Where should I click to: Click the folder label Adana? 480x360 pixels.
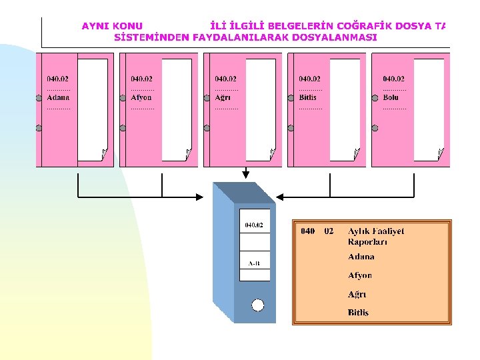[x=57, y=97]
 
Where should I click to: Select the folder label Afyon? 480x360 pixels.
[x=141, y=97]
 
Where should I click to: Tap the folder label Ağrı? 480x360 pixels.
[x=223, y=97]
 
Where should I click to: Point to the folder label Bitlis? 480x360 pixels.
[x=308, y=97]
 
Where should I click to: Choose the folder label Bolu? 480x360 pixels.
[x=391, y=97]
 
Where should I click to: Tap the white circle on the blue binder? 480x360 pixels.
[x=258, y=305]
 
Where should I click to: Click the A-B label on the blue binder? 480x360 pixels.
[x=254, y=263]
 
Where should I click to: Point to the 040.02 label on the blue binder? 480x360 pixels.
[x=254, y=225]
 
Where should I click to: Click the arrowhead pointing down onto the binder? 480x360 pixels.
[x=246, y=175]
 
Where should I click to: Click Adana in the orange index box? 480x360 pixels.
[x=361, y=257]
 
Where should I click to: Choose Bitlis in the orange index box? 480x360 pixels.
[x=358, y=312]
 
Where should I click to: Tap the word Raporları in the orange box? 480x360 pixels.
[x=367, y=241]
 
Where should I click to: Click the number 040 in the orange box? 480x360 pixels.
[x=307, y=231]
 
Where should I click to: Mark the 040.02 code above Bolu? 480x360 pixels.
[x=393, y=79]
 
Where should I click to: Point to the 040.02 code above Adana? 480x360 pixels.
[x=57, y=79]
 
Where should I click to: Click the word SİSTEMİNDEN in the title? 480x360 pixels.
[x=152, y=37]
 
